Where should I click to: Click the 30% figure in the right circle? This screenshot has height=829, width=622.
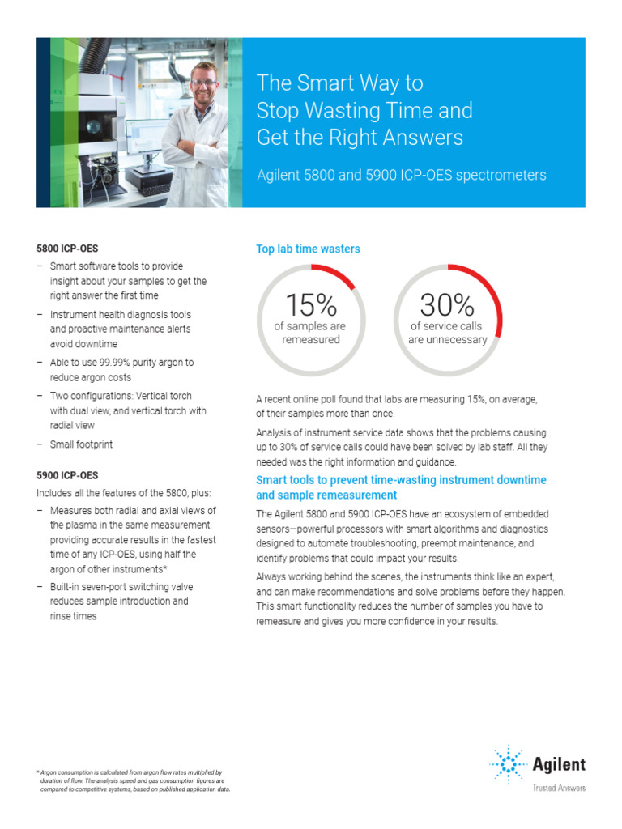coord(447,305)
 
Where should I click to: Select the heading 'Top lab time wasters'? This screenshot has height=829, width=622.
coord(308,249)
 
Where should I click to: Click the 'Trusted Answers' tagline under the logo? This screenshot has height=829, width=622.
coord(558,788)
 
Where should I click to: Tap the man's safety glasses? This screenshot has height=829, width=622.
coord(205,82)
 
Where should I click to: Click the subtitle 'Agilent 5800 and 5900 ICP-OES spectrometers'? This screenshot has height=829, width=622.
coord(401,175)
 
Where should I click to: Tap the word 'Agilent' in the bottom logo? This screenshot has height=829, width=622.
coord(559,764)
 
